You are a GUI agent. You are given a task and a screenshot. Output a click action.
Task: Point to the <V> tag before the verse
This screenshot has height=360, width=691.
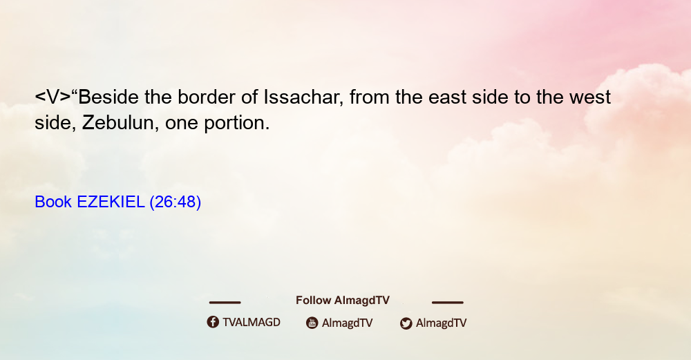[53, 97]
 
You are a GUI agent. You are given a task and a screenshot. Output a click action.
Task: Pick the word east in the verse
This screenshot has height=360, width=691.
[447, 97]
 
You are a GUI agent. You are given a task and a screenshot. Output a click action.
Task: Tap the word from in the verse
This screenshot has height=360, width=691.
[369, 97]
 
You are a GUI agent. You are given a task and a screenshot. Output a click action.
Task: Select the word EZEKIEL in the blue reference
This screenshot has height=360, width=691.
[111, 202]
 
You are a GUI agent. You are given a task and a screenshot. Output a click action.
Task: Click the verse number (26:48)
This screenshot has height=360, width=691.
[176, 202]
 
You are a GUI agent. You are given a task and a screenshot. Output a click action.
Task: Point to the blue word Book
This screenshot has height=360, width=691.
[53, 202]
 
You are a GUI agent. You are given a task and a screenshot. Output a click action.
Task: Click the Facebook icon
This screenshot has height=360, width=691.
[213, 322]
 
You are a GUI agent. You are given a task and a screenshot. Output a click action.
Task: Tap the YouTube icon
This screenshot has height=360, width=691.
[312, 323]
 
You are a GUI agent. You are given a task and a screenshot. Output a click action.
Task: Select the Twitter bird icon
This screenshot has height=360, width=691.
[406, 323]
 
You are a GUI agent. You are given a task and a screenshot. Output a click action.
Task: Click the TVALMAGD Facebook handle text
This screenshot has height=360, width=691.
[252, 323]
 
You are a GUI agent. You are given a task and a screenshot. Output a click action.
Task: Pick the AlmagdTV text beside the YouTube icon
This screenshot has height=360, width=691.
[348, 323]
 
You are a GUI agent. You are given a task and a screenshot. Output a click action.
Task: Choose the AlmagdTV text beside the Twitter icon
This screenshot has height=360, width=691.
[441, 323]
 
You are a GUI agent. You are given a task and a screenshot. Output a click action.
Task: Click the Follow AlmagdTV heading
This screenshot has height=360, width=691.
[343, 301]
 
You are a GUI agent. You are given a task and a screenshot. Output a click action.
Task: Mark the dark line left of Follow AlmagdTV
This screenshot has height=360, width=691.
[225, 303]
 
